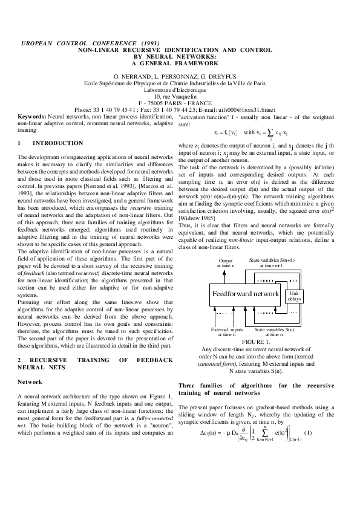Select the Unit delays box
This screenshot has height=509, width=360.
pyautogui.click(x=294, y=296)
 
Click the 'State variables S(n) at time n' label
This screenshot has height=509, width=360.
pyautogui.click(x=274, y=331)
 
